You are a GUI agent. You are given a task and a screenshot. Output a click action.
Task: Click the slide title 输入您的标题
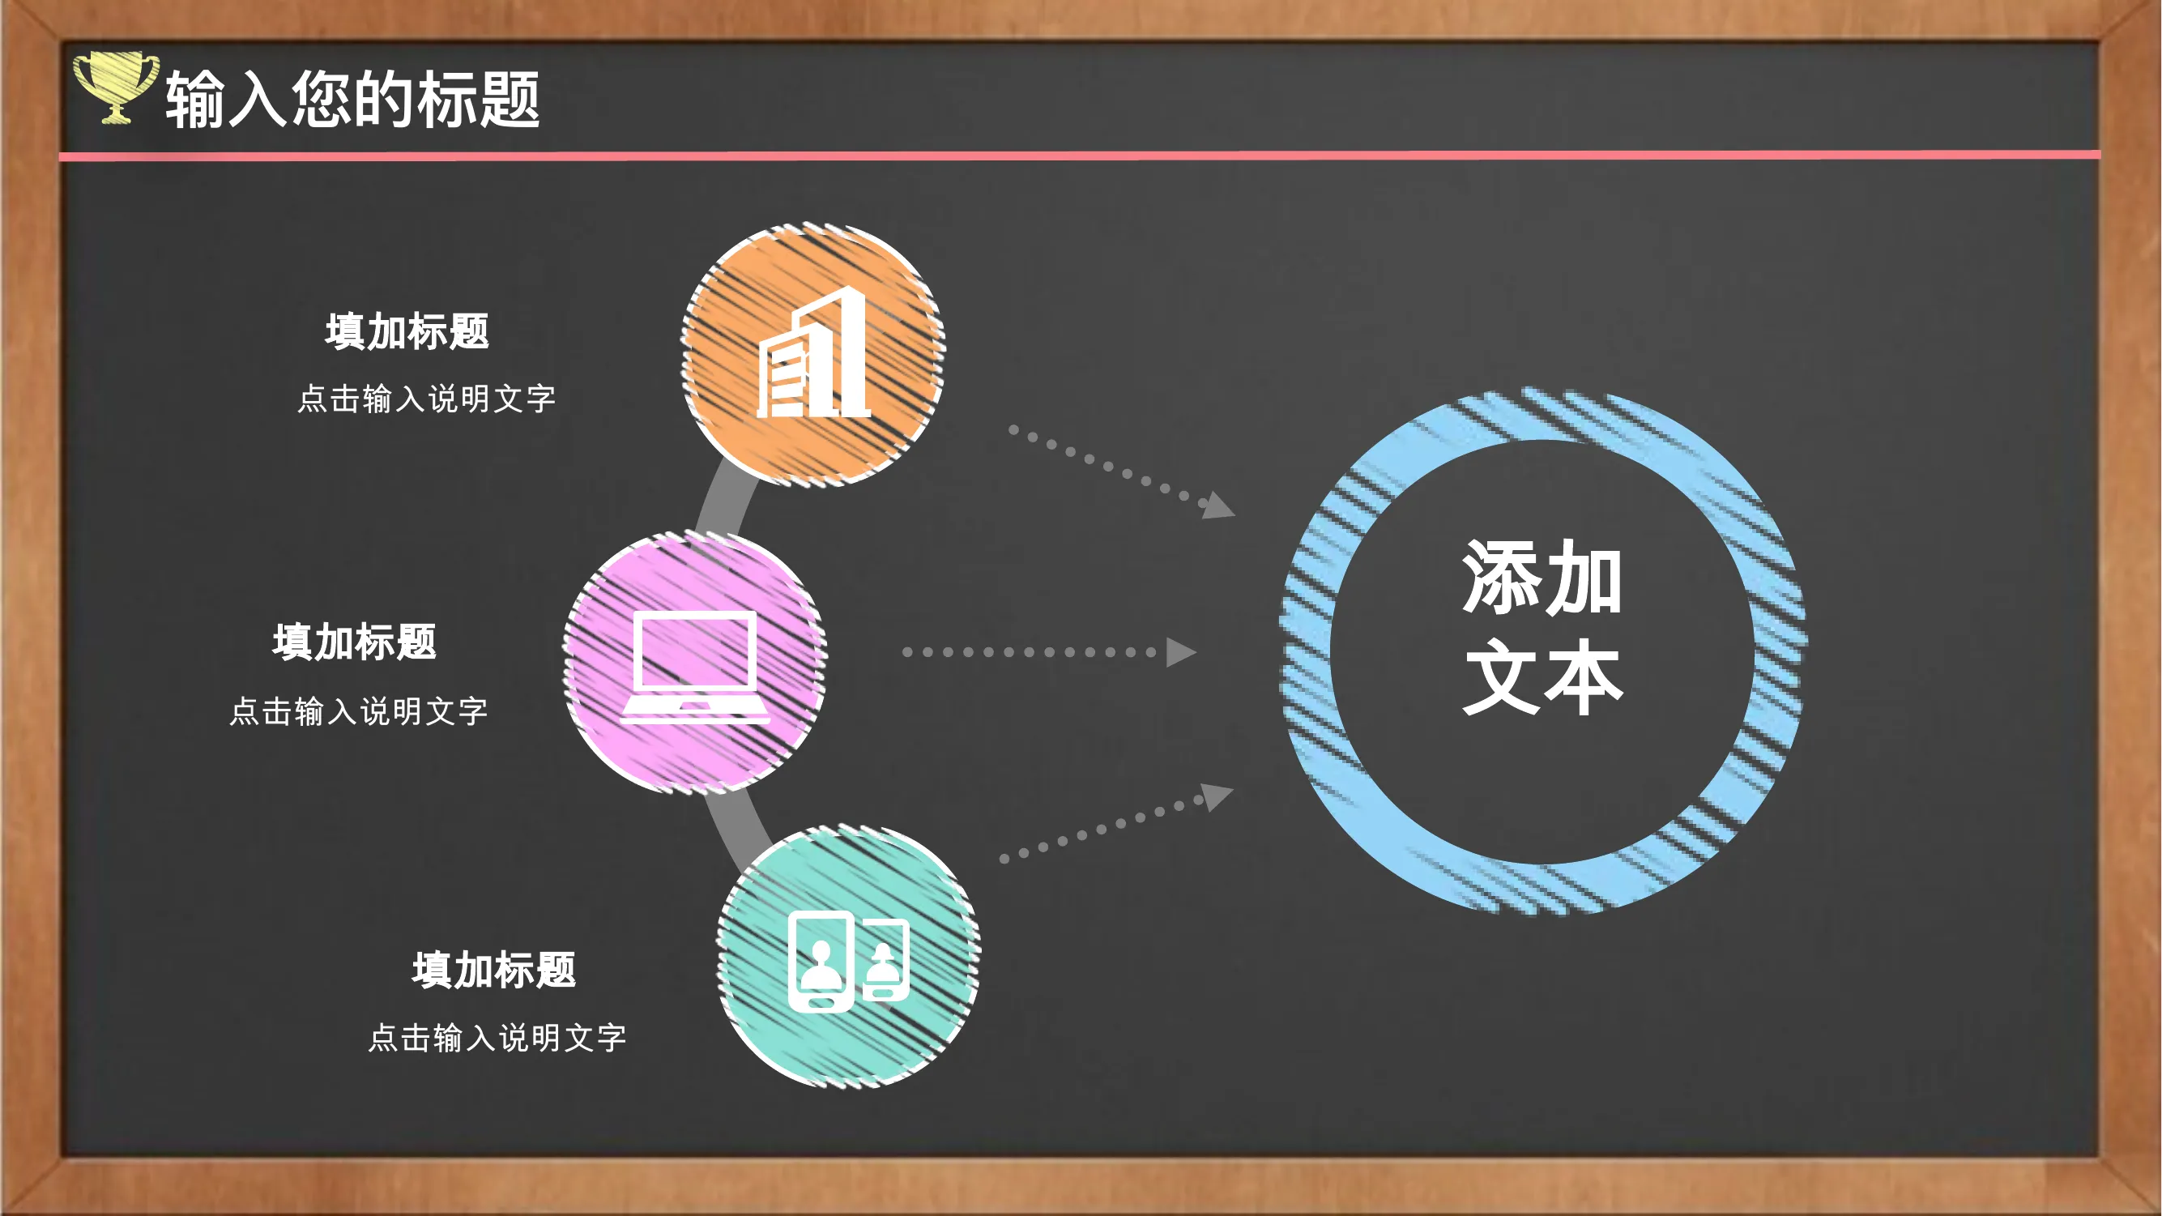352,99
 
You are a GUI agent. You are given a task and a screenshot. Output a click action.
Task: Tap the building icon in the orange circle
813,352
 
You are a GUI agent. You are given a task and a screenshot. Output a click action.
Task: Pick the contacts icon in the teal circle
848,961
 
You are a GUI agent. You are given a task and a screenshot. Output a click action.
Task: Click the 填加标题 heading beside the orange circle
407,331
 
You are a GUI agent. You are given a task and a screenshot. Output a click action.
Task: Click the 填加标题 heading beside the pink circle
354,642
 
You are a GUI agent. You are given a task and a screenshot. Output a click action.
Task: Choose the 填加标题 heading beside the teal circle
493,969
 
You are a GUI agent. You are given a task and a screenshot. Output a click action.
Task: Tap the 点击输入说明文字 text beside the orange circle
426,399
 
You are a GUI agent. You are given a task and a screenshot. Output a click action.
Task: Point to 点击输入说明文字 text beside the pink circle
358,710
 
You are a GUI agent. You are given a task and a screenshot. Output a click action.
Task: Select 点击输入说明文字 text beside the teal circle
497,1038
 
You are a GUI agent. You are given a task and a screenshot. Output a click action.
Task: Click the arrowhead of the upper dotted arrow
1217,506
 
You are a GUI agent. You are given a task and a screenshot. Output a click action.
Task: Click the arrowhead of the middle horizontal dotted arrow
1181,652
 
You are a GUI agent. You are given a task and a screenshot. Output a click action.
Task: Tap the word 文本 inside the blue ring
1542,676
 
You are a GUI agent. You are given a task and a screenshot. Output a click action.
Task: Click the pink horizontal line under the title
1079,156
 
